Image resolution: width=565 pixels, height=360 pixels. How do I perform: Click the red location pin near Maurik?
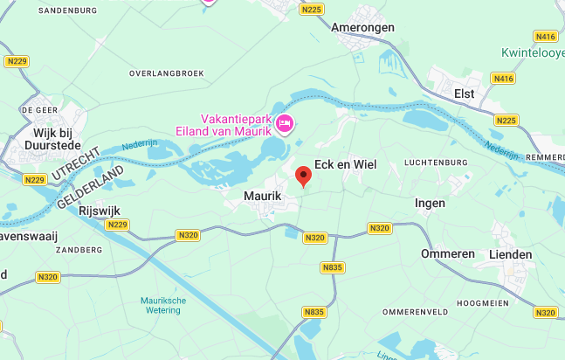[x=303, y=176]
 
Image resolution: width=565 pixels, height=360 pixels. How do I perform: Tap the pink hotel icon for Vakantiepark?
[x=284, y=126]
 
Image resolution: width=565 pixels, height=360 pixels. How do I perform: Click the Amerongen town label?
[x=362, y=27]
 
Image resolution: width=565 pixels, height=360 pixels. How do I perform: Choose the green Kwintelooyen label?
[x=533, y=52]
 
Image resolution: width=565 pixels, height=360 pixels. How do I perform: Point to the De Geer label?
[x=38, y=110]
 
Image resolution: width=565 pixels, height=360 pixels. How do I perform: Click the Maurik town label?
[x=262, y=197]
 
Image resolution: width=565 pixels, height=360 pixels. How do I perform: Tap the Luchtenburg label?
[x=438, y=163]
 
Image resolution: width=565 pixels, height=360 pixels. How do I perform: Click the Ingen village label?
[x=430, y=203]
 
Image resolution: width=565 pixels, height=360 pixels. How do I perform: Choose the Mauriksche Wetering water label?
[x=163, y=305]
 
